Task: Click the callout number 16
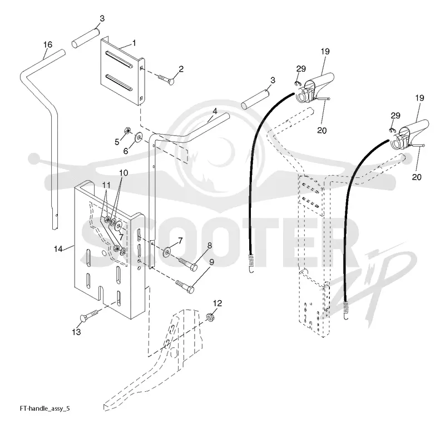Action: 48,44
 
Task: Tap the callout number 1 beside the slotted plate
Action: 134,43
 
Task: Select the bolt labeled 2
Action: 165,79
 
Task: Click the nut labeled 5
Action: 127,131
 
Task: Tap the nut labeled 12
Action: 210,316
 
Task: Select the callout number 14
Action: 58,249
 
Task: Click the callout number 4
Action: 215,111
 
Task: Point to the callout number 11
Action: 106,185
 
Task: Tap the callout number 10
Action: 123,173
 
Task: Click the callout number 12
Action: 217,303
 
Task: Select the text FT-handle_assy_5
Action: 45,409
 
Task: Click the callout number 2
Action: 181,69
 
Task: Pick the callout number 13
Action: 76,332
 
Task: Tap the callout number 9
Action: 211,262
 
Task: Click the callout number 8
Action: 210,245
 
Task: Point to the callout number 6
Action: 126,151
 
